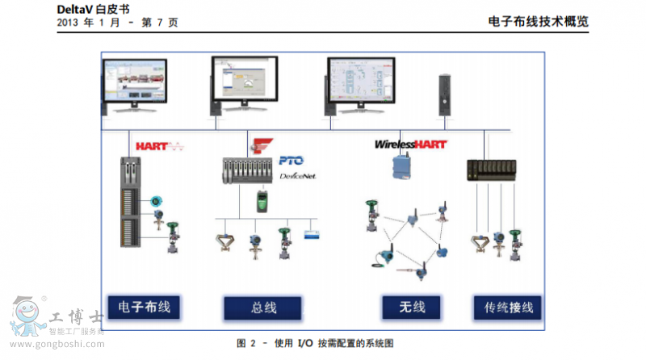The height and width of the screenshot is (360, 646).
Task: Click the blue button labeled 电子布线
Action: [x=144, y=307]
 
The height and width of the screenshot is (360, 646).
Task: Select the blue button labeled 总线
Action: [x=262, y=308]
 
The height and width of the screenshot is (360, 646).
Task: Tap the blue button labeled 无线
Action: [x=412, y=307]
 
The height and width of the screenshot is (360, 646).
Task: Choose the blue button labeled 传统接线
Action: [x=508, y=308]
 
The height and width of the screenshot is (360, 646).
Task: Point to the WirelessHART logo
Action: [x=410, y=144]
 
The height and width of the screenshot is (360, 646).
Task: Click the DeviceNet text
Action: [x=297, y=175]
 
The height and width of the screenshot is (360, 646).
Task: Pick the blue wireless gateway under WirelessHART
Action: [x=401, y=166]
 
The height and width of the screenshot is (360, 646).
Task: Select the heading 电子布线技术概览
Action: [x=539, y=22]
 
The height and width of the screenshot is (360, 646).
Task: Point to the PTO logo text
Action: [x=291, y=161]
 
